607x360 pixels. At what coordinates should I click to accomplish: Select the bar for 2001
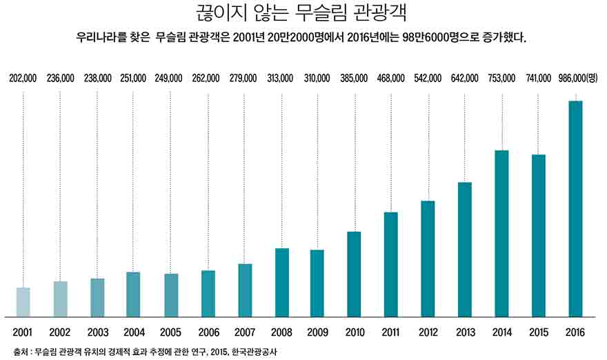click(23, 301)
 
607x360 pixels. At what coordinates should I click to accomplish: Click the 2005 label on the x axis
click(171, 332)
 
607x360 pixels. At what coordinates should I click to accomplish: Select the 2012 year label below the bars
click(428, 332)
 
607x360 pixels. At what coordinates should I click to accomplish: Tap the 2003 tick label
click(97, 332)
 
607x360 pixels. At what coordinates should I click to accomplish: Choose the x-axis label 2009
click(317, 332)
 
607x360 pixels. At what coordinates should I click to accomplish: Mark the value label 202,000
click(23, 79)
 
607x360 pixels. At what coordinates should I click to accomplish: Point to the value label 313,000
click(281, 79)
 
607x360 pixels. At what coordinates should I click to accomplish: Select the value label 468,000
click(391, 79)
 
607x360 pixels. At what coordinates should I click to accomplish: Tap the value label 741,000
click(538, 79)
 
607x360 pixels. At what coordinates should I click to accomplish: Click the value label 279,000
click(243, 79)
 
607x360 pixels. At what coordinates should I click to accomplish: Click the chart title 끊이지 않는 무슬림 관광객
click(303, 14)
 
